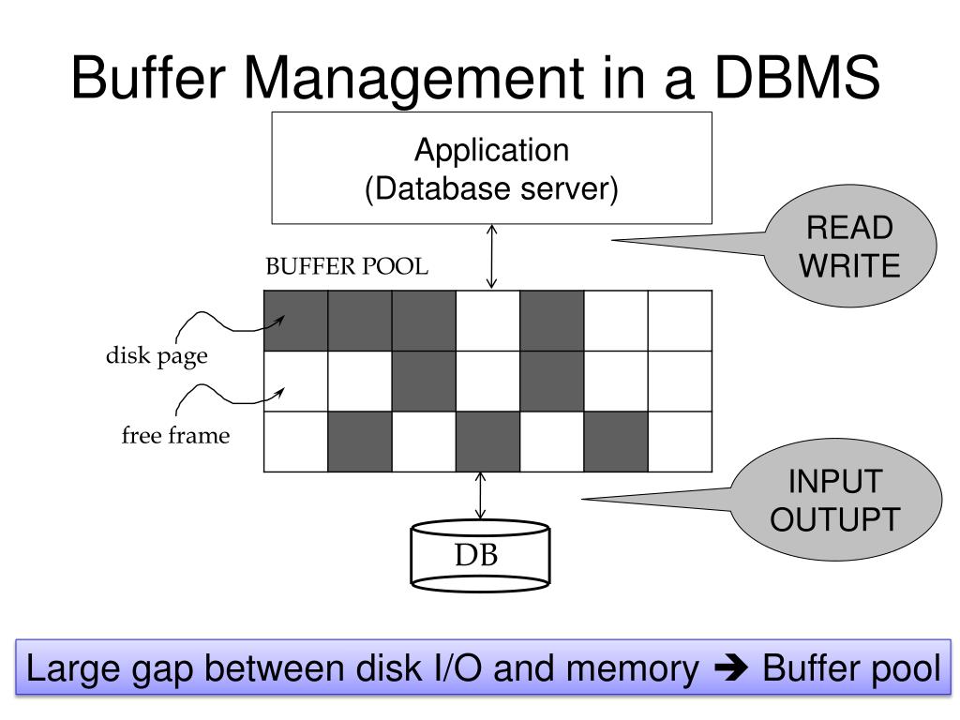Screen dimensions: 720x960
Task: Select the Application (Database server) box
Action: point(491,169)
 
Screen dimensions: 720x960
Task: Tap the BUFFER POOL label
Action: point(347,267)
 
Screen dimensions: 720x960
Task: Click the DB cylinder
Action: point(480,556)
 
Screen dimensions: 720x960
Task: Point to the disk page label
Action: point(156,357)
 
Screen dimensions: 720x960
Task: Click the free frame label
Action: point(175,435)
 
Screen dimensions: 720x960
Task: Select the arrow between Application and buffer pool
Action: point(491,256)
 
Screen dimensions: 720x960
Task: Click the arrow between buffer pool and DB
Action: point(481,496)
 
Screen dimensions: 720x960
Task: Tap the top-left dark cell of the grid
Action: point(296,321)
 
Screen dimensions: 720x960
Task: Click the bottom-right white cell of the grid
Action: point(680,441)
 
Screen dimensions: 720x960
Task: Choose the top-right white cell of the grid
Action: point(680,321)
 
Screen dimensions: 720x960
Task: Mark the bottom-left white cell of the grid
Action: point(296,441)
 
